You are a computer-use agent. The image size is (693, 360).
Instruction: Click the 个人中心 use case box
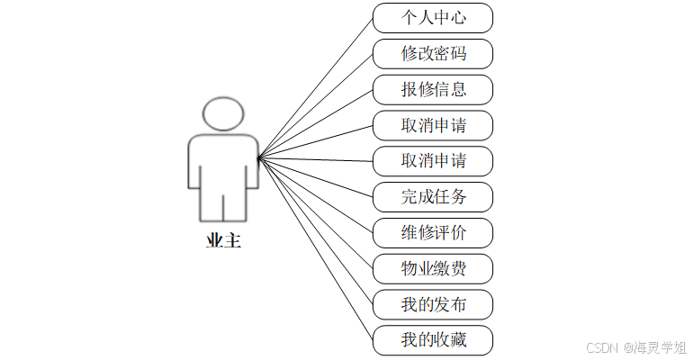(433, 18)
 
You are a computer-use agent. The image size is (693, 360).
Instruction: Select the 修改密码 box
(433, 54)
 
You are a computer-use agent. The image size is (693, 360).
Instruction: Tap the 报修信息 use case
(433, 90)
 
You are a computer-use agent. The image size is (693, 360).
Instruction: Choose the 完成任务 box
(433, 196)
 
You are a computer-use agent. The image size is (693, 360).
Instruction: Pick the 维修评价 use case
(433, 232)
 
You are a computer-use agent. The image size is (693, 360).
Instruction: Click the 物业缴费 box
(433, 268)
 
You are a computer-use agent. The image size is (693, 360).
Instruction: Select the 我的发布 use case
(433, 304)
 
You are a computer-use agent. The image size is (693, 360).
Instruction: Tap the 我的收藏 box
(433, 340)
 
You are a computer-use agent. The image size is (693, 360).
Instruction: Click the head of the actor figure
(223, 113)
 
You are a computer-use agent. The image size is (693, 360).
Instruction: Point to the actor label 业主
(223, 241)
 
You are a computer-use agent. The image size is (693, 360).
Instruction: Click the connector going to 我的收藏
(315, 249)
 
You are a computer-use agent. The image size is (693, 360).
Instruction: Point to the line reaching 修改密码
(315, 106)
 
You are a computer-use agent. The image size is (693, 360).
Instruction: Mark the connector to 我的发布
(315, 231)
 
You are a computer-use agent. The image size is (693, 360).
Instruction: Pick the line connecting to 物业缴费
(315, 213)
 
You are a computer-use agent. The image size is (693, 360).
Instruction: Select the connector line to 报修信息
(315, 124)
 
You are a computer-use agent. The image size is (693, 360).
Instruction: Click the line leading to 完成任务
(315, 177)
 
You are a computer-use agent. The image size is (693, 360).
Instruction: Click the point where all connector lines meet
(258, 158)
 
